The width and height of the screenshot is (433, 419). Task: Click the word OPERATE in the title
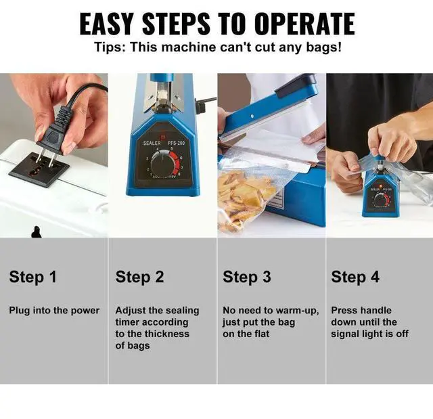click(x=304, y=24)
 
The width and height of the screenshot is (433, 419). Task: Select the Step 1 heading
click(x=33, y=277)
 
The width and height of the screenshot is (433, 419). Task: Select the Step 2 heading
click(x=140, y=277)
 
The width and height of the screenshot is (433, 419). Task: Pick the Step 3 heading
click(x=247, y=277)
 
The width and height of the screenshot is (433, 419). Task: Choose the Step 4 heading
click(x=355, y=277)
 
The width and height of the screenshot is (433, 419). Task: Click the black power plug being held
click(x=57, y=133)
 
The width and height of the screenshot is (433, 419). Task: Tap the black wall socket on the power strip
click(x=39, y=170)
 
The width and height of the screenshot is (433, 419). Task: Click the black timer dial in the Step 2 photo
click(x=163, y=165)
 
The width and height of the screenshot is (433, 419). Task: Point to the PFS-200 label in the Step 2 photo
click(x=176, y=143)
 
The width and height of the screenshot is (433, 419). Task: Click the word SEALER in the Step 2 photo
click(x=152, y=143)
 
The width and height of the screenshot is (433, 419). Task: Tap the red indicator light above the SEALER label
click(x=162, y=137)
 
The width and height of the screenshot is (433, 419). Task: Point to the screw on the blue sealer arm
click(x=252, y=116)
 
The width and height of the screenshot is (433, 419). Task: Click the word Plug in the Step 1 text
click(x=20, y=311)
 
